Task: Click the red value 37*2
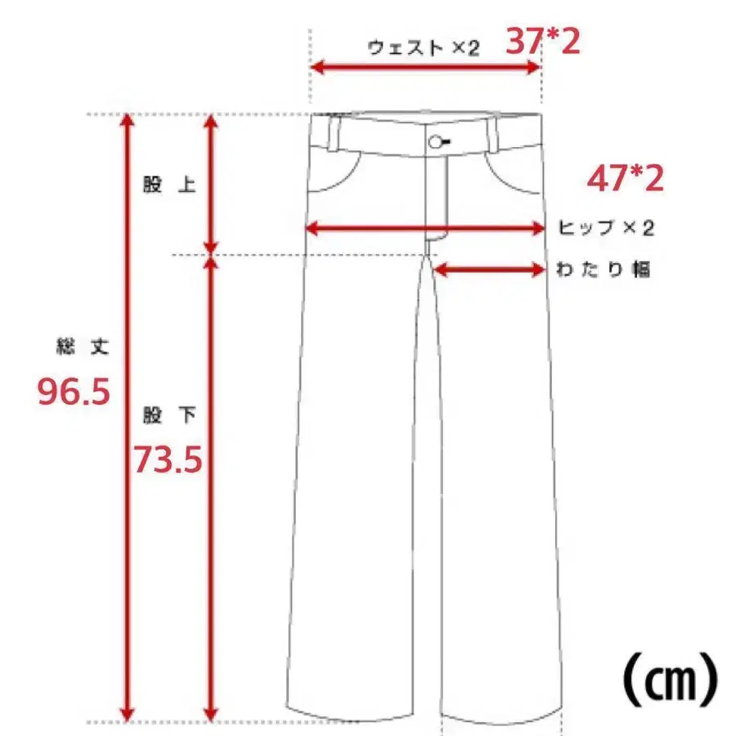pyautogui.click(x=542, y=41)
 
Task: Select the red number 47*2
pyautogui.click(x=626, y=179)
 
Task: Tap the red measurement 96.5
pyautogui.click(x=74, y=393)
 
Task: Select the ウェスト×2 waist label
pyautogui.click(x=423, y=47)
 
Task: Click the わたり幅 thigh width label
pyautogui.click(x=604, y=270)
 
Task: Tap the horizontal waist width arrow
pyautogui.click(x=425, y=69)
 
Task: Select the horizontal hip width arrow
pyautogui.click(x=424, y=229)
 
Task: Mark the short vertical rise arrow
pyautogui.click(x=211, y=185)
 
